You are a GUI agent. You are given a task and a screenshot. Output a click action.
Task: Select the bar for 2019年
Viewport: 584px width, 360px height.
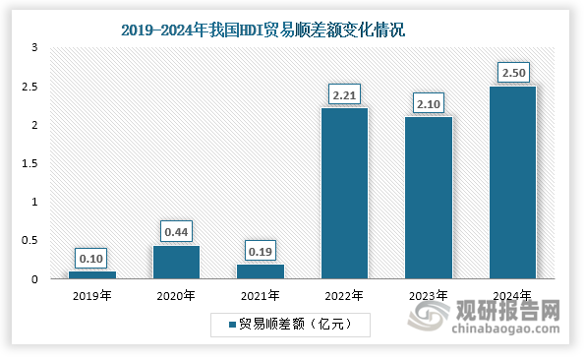coord(91,274)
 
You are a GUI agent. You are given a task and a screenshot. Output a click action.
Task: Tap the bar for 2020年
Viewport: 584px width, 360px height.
coord(176,262)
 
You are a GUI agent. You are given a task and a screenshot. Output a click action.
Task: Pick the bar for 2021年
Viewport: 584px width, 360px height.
coord(260,270)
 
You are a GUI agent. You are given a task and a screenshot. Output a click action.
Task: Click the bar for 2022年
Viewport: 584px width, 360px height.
coord(344,193)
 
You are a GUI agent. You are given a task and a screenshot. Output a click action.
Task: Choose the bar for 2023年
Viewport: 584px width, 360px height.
coord(428,197)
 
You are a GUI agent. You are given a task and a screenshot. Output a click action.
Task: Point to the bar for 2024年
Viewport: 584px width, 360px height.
coord(512,182)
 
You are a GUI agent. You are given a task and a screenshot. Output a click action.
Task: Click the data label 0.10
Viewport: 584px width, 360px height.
coord(91,258)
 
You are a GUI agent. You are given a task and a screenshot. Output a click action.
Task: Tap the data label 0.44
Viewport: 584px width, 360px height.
coord(176,232)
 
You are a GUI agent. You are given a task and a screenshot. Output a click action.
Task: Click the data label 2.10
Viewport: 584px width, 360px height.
coord(428,103)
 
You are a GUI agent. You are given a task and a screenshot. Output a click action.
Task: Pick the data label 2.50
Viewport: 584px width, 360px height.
coord(512,73)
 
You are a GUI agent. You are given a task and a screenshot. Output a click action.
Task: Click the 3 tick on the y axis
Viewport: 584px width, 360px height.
coord(35,47)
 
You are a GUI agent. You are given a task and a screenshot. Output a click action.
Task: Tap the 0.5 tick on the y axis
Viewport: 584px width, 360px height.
coord(33,240)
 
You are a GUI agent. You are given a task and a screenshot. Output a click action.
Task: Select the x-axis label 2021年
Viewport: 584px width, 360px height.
coord(260,294)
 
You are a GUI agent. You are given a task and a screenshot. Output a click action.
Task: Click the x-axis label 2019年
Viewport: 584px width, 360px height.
coord(91,294)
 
